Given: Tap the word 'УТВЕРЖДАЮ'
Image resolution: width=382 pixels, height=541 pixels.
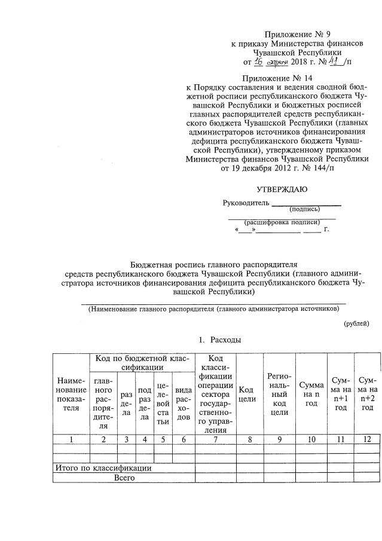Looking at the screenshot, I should (282, 190).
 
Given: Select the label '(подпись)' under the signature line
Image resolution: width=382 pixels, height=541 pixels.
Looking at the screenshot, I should (304, 209).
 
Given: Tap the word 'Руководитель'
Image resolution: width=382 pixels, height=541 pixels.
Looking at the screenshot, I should (245, 203).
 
